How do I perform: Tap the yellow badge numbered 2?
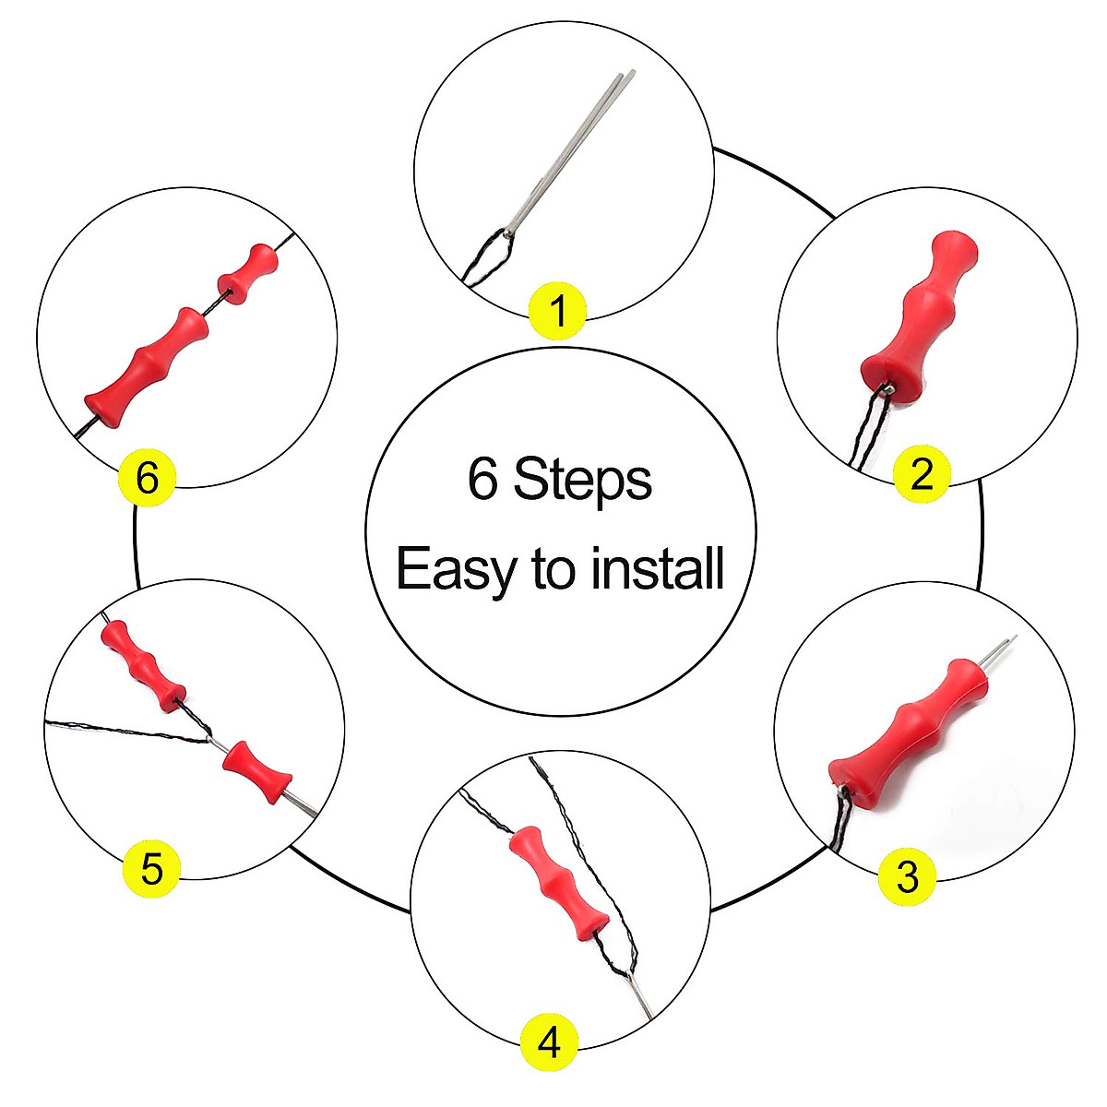point(922,474)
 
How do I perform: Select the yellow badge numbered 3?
point(908,875)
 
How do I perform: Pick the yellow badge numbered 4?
point(549,1043)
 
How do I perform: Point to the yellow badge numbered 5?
point(152,868)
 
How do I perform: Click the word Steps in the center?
point(582,480)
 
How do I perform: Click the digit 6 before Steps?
point(482,480)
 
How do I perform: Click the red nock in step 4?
point(558,881)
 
